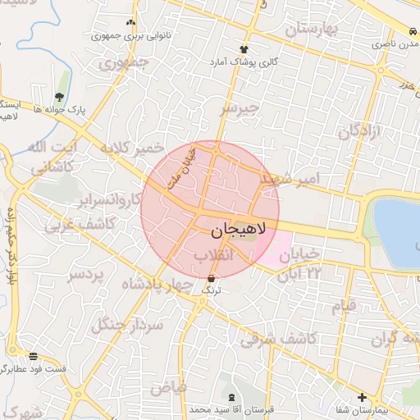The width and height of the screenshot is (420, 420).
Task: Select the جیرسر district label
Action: click(240, 107)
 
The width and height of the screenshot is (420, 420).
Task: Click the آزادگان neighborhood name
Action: click(360, 130)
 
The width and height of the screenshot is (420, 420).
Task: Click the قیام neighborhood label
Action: click(344, 306)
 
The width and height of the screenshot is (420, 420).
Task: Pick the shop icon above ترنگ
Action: click(213, 279)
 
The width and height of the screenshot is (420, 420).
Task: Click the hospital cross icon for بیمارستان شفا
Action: click(362, 398)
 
